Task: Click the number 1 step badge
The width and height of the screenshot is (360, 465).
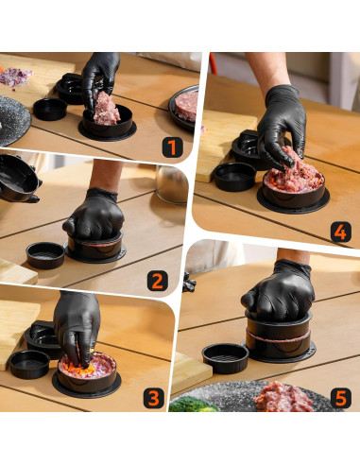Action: click(x=171, y=146)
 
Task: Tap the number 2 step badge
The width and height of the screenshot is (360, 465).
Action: click(x=158, y=280)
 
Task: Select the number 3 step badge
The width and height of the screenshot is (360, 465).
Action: click(x=154, y=398)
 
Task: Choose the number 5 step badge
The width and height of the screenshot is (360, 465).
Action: click(x=342, y=398)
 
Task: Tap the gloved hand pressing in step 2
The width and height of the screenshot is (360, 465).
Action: click(x=94, y=216)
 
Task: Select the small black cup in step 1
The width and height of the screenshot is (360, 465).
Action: click(x=50, y=109)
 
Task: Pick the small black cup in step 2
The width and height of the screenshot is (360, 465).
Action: click(x=44, y=254)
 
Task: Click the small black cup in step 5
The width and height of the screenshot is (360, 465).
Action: click(x=225, y=356)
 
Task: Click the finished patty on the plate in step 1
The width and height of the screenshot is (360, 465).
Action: click(x=186, y=103)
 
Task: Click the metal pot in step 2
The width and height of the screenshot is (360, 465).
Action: click(x=172, y=185)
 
